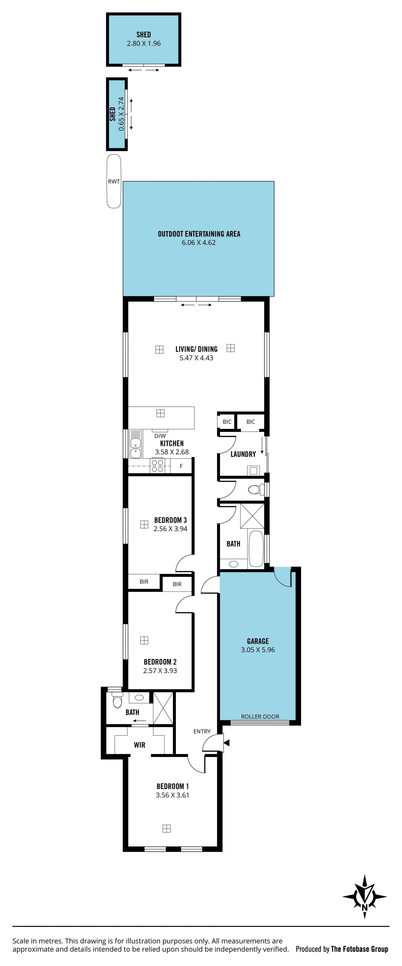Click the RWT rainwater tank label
[114, 182]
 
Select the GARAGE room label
[258, 641]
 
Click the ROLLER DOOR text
[260, 716]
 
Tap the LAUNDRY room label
[243, 454]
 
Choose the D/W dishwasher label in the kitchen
[160, 436]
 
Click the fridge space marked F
[181, 466]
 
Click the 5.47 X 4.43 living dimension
[196, 358]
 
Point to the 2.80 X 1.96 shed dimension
[144, 44]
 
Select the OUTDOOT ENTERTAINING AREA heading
[199, 234]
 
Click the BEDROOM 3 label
[170, 520]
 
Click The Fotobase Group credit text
[359, 949]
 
